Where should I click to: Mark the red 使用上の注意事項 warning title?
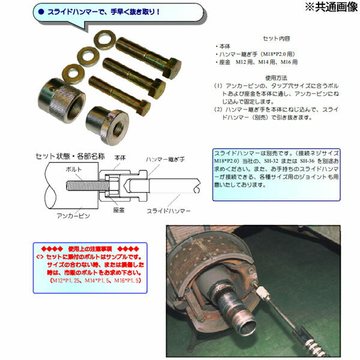tap(90, 247)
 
